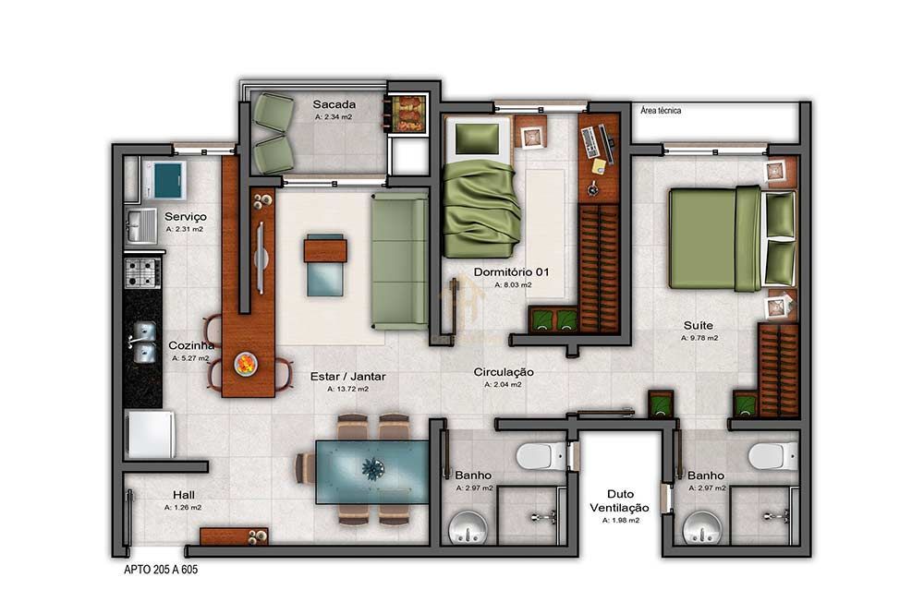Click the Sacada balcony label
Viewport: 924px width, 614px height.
(334, 104)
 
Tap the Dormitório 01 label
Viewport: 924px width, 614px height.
(511, 272)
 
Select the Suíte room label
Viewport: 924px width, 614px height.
(698, 325)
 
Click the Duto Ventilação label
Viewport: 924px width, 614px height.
(620, 500)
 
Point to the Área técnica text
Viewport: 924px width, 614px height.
(661, 111)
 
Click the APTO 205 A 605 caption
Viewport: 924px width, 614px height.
(161, 570)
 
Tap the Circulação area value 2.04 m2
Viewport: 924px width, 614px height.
(503, 385)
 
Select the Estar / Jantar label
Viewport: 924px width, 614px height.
(348, 376)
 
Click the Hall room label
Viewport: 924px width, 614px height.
(183, 495)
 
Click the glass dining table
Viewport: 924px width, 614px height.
(371, 470)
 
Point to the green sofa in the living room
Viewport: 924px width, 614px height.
(399, 260)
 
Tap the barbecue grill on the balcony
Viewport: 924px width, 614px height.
(407, 114)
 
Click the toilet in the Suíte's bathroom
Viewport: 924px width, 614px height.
(771, 455)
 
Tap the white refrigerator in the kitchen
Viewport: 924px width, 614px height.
(151, 434)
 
